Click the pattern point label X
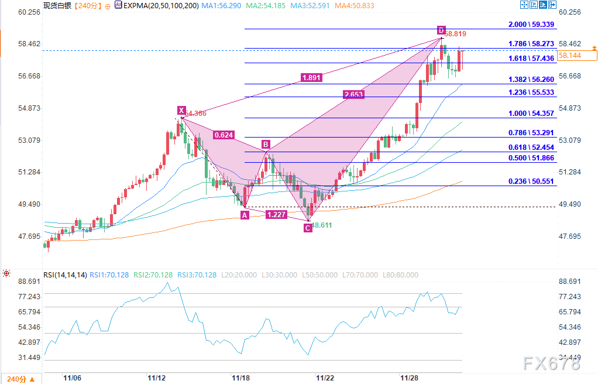[181, 110]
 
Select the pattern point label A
[245, 215]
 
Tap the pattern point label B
[266, 144]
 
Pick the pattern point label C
[308, 228]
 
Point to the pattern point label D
[441, 30]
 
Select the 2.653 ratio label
[354, 94]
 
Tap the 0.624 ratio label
[223, 135]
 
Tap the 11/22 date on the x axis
[325, 379]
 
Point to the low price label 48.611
[322, 225]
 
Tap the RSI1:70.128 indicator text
[112, 275]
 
